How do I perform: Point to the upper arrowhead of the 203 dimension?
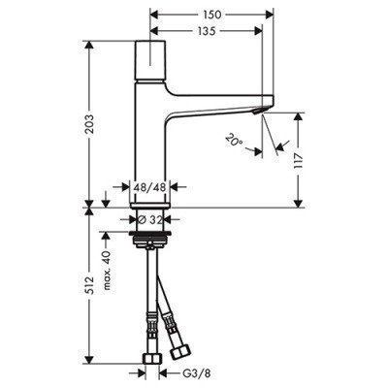click(x=91, y=48)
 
